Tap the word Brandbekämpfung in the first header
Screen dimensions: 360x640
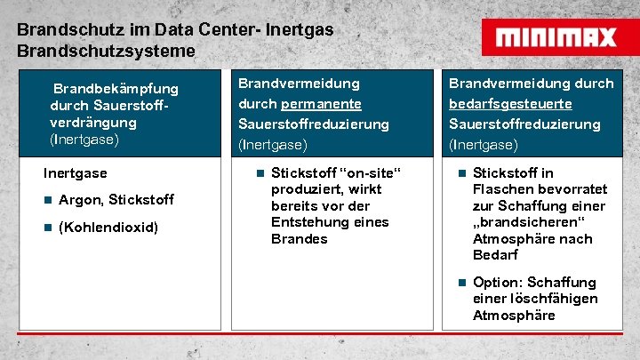tap(116, 89)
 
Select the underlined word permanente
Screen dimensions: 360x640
tap(321, 104)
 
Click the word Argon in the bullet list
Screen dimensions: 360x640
tap(79, 199)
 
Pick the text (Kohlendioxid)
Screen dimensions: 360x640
tap(108, 228)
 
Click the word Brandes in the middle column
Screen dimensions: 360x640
tap(300, 239)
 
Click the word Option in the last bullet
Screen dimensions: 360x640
tap(496, 283)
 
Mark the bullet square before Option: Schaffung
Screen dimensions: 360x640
tap(461, 283)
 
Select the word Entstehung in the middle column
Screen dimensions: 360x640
tap(307, 222)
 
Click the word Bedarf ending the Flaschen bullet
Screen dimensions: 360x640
tap(495, 255)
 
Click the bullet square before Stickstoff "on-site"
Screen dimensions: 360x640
tap(259, 173)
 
